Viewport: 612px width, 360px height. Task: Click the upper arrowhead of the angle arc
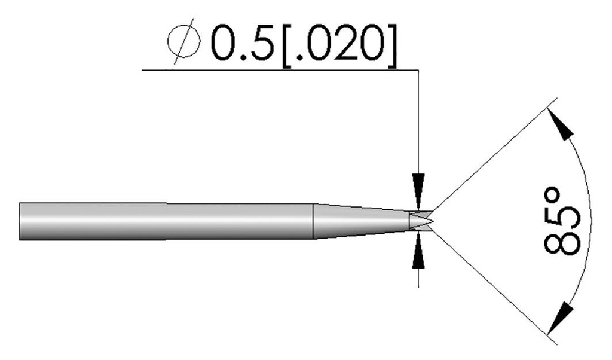point(561,128)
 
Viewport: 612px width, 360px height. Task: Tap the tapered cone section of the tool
point(359,221)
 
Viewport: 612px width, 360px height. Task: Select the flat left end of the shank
point(20,221)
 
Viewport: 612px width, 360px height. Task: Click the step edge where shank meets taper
point(314,221)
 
